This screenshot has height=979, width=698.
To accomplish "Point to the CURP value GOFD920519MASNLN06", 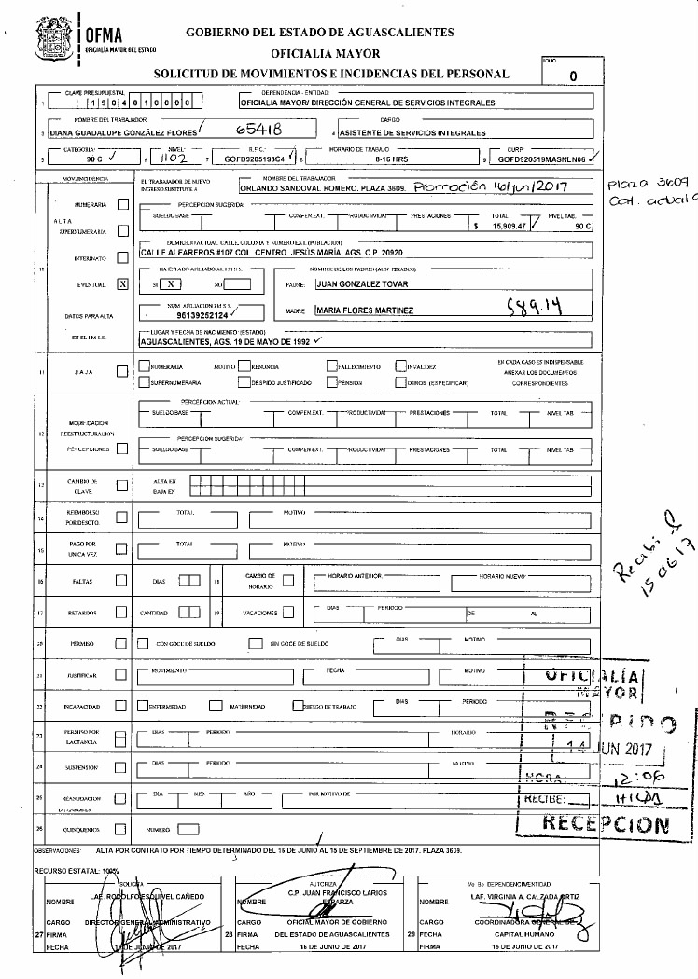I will click(x=540, y=159).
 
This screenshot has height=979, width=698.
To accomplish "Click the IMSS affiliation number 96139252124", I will click(x=194, y=315).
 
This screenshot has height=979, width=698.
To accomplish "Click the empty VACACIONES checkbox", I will click(x=287, y=613).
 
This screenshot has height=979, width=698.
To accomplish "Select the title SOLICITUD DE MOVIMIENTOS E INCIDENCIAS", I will click(x=331, y=73).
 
